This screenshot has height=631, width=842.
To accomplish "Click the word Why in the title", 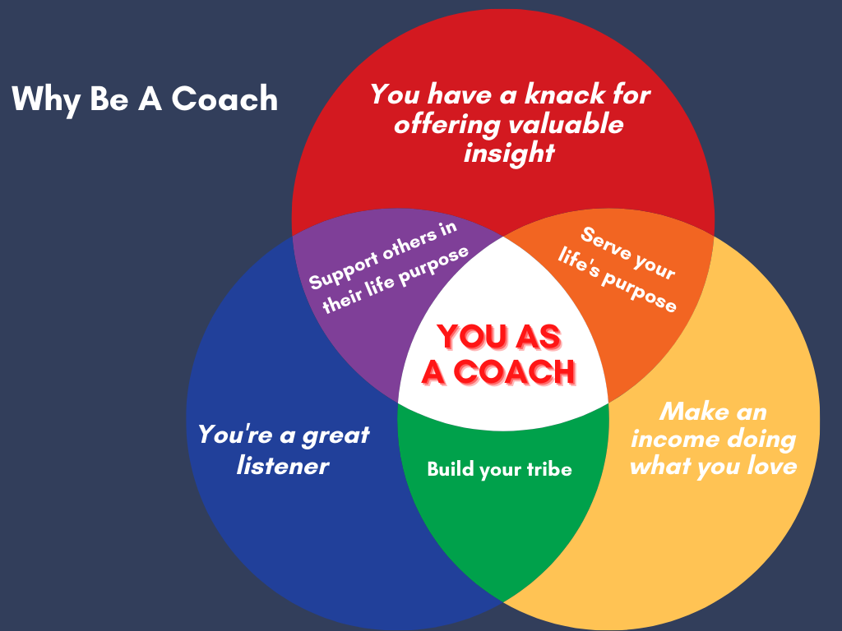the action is (x=46, y=99).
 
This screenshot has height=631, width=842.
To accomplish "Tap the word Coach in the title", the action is (x=224, y=99).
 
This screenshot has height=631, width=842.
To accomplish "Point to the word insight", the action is (x=509, y=154).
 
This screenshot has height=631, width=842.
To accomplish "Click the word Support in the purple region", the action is (x=344, y=272).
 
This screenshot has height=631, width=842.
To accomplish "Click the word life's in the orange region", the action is (x=578, y=263).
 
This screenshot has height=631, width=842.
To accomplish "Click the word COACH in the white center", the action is (x=515, y=371).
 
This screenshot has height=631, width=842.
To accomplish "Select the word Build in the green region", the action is (x=451, y=469).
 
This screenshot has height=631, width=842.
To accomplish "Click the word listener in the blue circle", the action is (x=283, y=465).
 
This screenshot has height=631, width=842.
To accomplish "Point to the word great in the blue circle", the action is (x=335, y=435).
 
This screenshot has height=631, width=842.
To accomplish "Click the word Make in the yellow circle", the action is (x=690, y=412).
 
